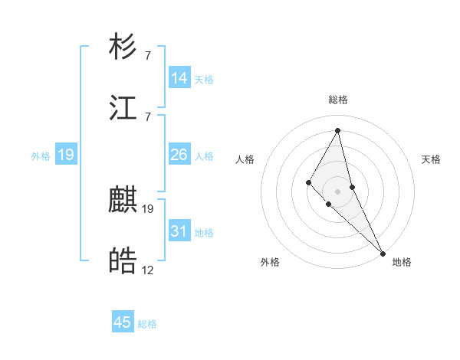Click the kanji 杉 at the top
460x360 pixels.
click(123, 47)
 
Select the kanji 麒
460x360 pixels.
click(123, 201)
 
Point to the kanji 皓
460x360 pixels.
click(123, 262)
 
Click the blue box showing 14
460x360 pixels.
click(179, 78)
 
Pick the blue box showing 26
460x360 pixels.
click(179, 155)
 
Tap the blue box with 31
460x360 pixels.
click(179, 231)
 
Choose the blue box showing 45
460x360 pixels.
click(123, 322)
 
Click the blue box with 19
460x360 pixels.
click(66, 155)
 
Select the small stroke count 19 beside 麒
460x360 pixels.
click(148, 208)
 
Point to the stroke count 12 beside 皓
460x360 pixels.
click(148, 270)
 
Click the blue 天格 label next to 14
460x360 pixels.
click(204, 80)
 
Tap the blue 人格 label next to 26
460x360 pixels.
click(204, 156)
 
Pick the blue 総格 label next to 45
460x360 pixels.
click(147, 324)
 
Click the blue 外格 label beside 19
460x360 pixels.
click(41, 156)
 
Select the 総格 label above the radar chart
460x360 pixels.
click(338, 100)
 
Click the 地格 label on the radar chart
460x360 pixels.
click(402, 262)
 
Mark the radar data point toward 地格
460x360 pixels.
click(383, 253)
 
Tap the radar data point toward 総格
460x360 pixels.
click(338, 130)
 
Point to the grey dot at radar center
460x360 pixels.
click(338, 191)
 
